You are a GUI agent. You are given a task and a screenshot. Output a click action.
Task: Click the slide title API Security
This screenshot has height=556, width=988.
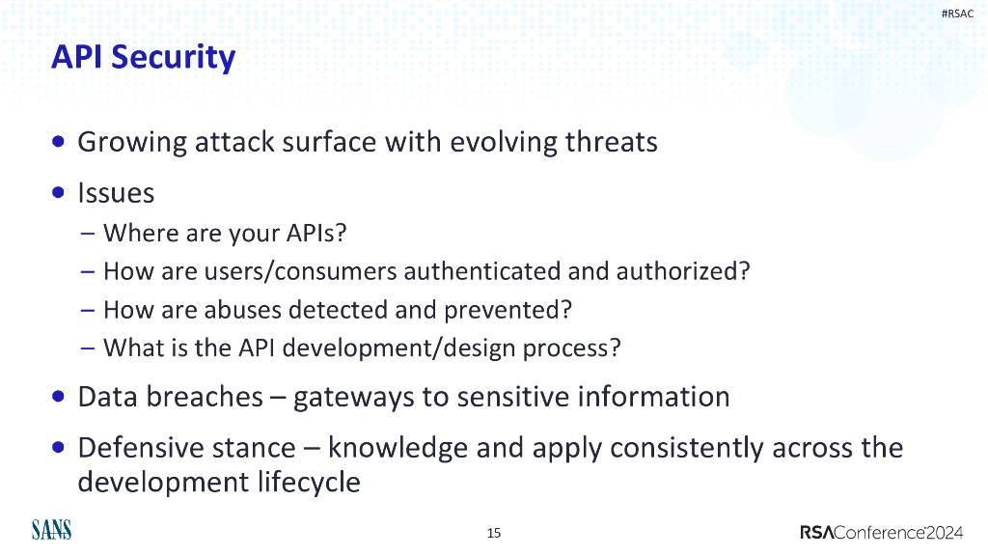[x=143, y=58]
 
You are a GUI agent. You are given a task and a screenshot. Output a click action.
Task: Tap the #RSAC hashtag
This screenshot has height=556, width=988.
[x=957, y=14]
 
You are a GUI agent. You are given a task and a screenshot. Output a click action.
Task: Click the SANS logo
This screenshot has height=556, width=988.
[x=52, y=530]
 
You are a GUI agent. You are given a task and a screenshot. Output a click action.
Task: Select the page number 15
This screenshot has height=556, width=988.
[x=494, y=533]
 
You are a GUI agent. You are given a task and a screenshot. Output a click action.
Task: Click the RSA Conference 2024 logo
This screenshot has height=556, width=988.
[x=882, y=533]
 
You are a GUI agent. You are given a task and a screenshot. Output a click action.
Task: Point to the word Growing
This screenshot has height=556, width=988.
[x=131, y=143]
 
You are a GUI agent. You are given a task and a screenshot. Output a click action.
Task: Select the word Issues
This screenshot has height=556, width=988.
[x=116, y=193]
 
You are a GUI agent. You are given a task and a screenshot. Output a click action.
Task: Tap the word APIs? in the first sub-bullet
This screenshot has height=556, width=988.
[x=316, y=233]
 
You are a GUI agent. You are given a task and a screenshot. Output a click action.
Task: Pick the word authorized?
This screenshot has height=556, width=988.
[x=683, y=271]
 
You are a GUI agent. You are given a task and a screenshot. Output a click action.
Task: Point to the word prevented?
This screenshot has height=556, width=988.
[x=508, y=311]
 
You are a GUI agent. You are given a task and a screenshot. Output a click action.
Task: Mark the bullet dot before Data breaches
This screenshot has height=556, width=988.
[x=59, y=397]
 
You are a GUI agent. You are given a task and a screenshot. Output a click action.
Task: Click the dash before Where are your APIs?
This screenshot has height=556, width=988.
[x=88, y=234]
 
